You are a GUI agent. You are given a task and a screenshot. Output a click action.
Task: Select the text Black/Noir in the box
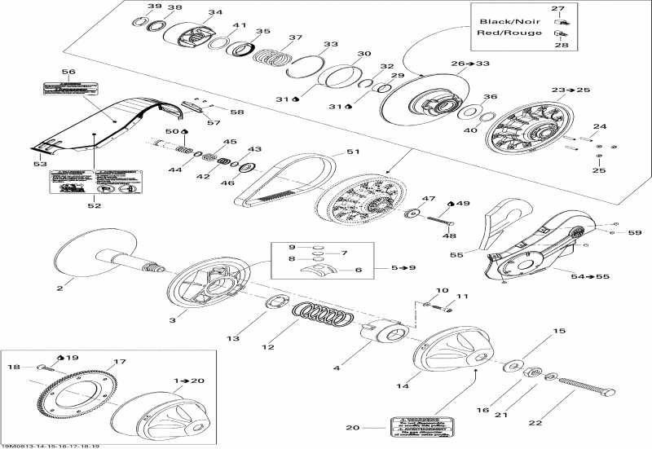(503, 21)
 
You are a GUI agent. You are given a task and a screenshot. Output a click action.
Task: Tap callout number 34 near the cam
(215, 12)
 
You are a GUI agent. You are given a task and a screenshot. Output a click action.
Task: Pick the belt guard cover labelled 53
(98, 122)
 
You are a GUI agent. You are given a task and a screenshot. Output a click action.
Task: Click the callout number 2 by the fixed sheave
(59, 287)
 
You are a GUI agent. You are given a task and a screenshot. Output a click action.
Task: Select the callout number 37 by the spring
(295, 37)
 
